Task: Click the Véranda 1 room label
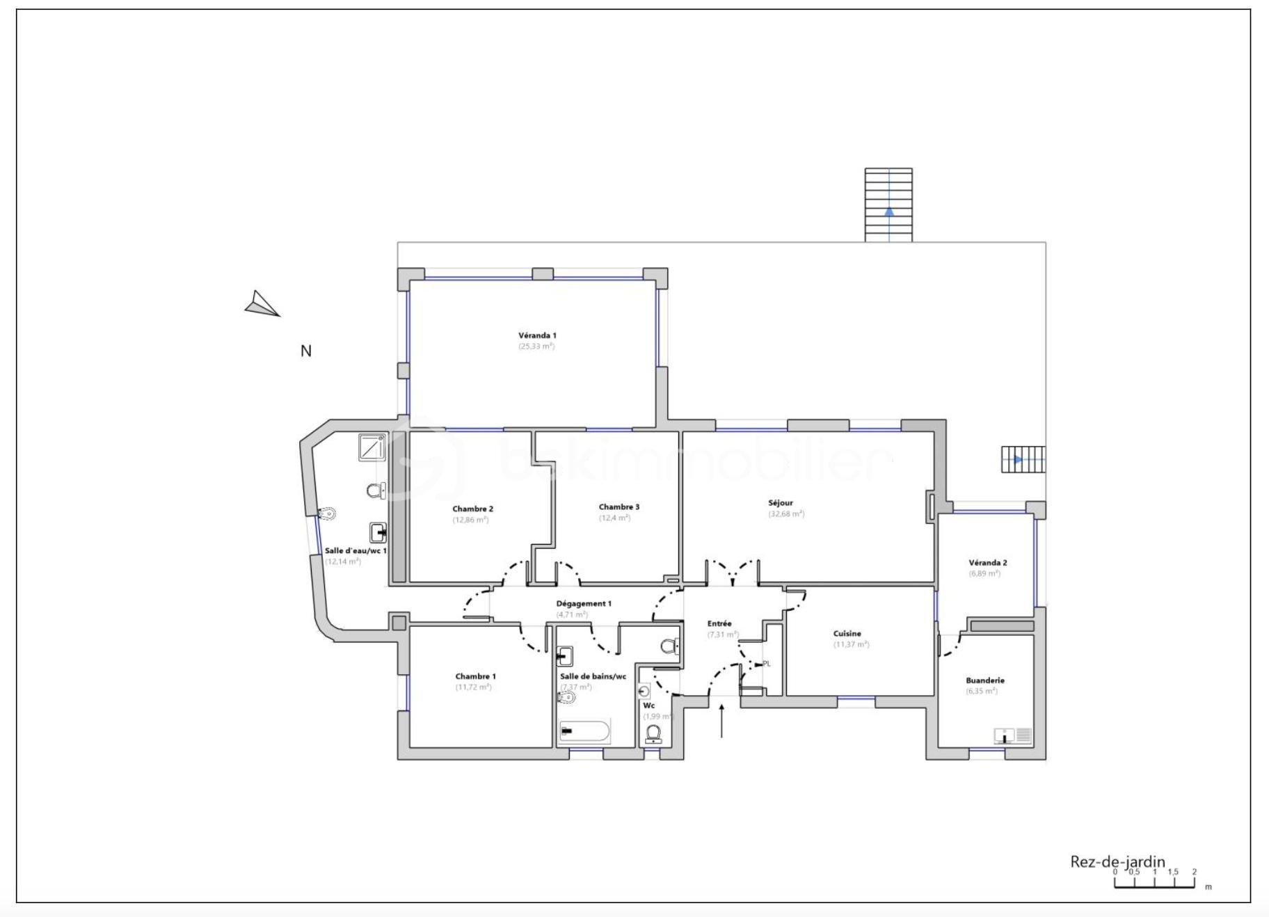tap(537, 335)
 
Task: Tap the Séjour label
tap(781, 503)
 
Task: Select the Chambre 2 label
tap(472, 509)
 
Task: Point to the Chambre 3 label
tap(618, 507)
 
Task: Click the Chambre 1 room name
tap(475, 676)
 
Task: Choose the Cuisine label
tap(847, 634)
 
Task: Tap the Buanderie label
tap(984, 680)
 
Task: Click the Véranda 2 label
tap(987, 563)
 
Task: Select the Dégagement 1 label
tap(583, 604)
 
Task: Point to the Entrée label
tap(719, 624)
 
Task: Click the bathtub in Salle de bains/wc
tap(584, 732)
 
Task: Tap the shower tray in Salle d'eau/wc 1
tap(372, 447)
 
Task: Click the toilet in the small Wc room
tap(653, 733)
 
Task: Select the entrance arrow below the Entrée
tap(721, 721)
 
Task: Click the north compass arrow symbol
tap(262, 305)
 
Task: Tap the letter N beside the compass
tap(305, 351)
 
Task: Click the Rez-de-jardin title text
tap(1117, 862)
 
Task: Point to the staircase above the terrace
tap(888, 205)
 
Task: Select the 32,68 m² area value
tap(786, 514)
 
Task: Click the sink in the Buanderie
tap(1003, 735)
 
